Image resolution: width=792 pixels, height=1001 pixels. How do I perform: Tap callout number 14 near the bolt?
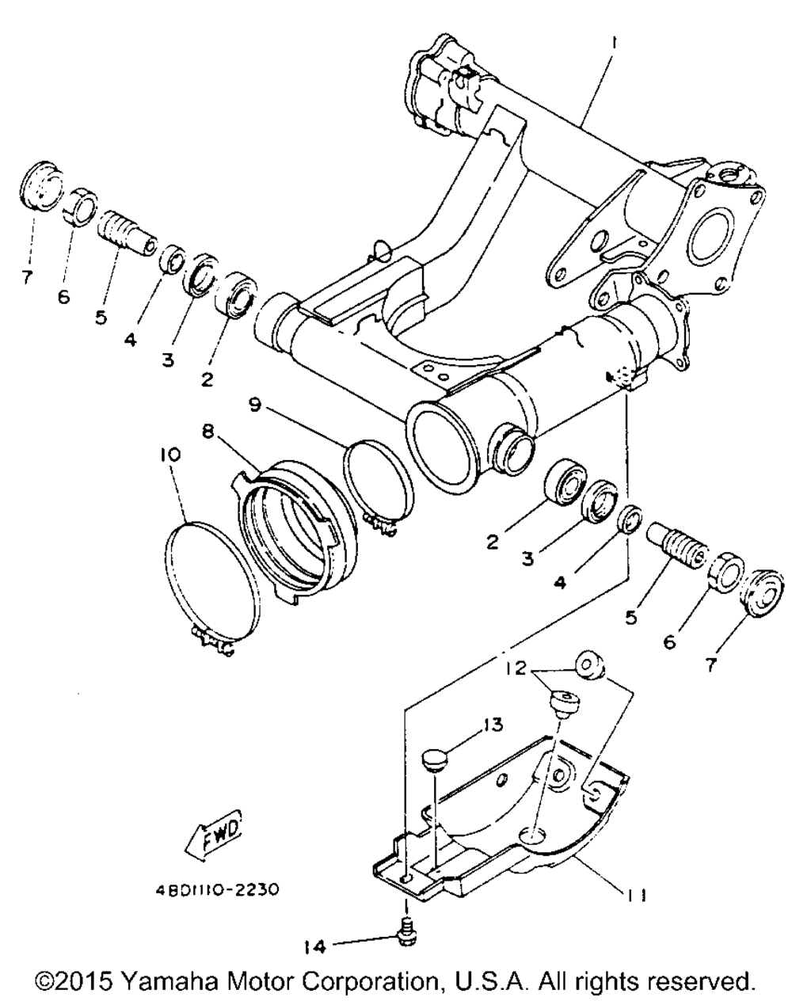point(314,944)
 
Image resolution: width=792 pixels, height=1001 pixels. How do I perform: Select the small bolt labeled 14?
point(407,934)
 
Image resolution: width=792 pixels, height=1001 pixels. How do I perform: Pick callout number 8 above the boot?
point(208,432)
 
